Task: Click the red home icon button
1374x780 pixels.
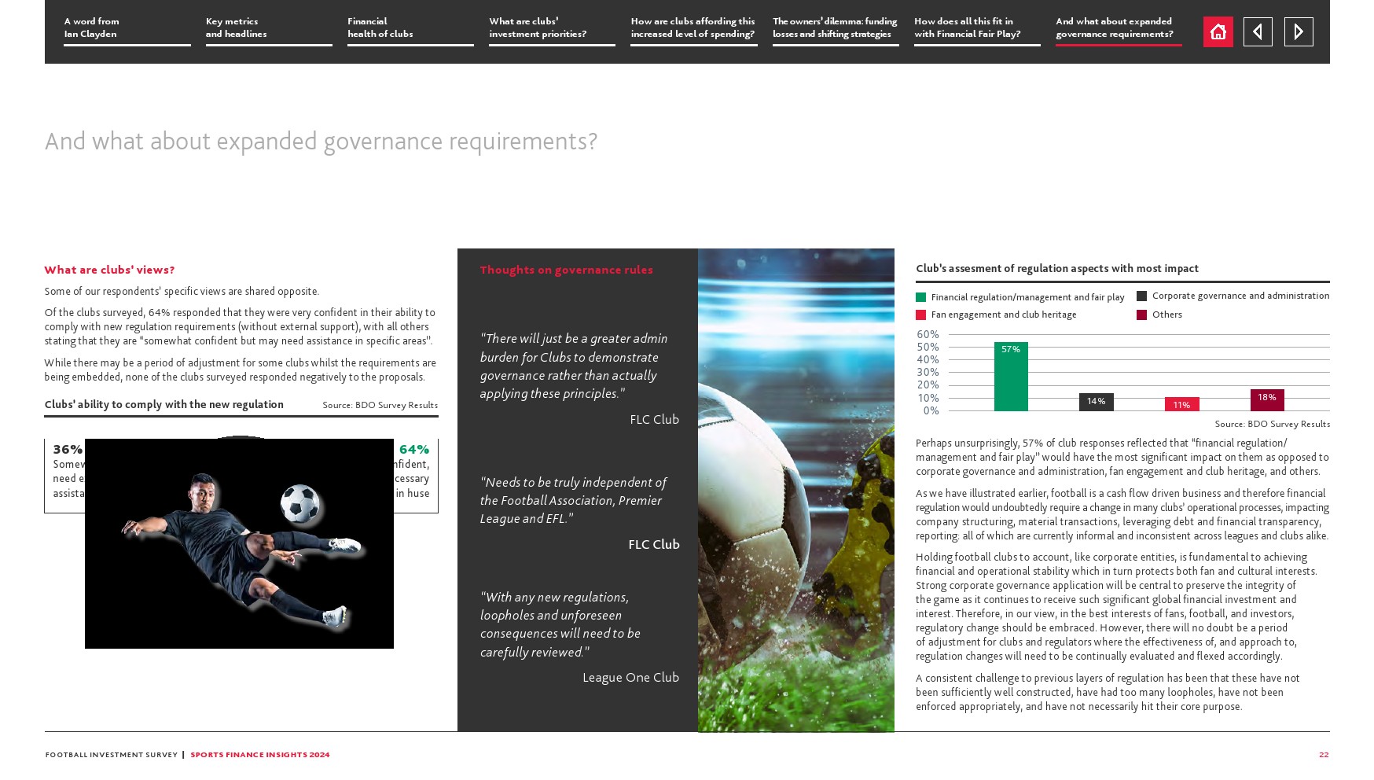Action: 1218,32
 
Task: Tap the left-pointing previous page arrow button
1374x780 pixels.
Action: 1258,32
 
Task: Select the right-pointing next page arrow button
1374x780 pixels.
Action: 1299,32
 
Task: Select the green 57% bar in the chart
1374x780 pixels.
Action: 1011,377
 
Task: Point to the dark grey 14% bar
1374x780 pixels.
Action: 1096,403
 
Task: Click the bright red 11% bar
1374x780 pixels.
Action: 1181,404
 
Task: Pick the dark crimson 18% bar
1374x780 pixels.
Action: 1267,400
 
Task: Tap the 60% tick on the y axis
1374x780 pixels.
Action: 928,335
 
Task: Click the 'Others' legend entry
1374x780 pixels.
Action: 1166,315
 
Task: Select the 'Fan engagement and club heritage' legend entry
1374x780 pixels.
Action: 1003,315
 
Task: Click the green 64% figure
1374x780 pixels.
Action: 414,450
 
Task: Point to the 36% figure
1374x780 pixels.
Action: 68,450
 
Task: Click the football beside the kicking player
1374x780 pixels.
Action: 299,503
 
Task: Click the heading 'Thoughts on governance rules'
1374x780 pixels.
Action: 566,270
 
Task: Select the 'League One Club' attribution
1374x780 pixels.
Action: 630,677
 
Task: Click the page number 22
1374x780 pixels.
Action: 1324,755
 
